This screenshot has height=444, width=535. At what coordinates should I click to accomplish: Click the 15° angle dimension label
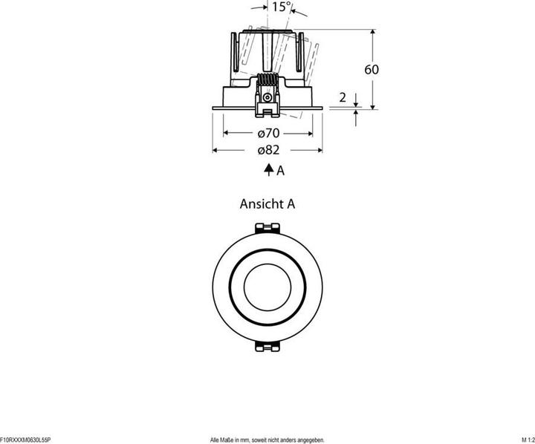pyautogui.click(x=282, y=7)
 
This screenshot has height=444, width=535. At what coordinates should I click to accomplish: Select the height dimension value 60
pyautogui.click(x=372, y=70)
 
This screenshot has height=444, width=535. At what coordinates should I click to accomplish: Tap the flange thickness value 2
pyautogui.click(x=343, y=97)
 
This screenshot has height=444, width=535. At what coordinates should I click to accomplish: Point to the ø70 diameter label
pyautogui.click(x=268, y=133)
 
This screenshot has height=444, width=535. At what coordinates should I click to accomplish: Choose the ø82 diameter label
pyautogui.click(x=268, y=150)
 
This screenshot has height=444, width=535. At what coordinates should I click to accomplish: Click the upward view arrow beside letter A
pyautogui.click(x=269, y=169)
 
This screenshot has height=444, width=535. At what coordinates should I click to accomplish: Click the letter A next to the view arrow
pyautogui.click(x=280, y=171)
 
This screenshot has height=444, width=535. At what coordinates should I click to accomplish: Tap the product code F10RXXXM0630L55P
pyautogui.click(x=25, y=440)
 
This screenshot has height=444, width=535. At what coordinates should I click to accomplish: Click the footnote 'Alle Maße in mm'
pyautogui.click(x=233, y=440)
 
